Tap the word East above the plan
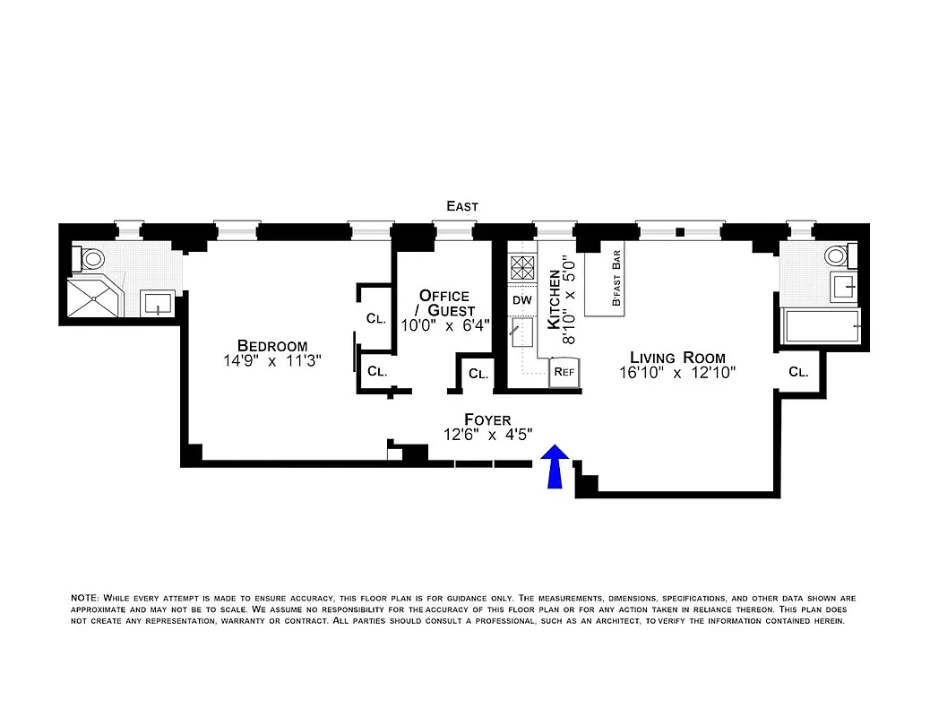(x=462, y=206)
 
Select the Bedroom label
(x=272, y=346)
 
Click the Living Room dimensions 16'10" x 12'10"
(x=678, y=373)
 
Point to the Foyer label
(x=487, y=419)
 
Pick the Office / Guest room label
(x=444, y=303)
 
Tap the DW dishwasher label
(x=521, y=300)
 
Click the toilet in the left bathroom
(x=90, y=259)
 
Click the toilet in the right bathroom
(x=838, y=255)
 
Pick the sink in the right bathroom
(x=842, y=287)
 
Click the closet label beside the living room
(x=797, y=371)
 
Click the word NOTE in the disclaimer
(x=86, y=597)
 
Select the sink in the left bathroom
(x=159, y=302)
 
